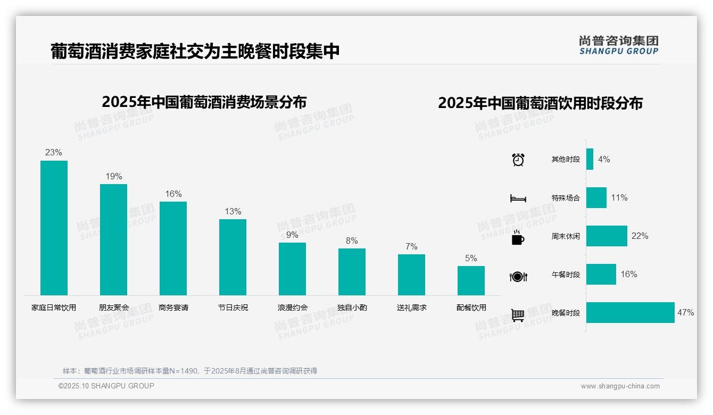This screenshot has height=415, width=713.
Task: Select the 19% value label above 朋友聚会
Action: (113, 176)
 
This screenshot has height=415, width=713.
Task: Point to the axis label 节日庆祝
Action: (233, 308)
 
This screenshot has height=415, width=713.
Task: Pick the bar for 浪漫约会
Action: (292, 269)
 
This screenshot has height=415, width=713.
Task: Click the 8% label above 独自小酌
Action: (352, 240)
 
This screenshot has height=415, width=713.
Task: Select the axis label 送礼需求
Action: (411, 308)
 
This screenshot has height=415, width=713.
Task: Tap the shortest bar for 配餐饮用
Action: (471, 280)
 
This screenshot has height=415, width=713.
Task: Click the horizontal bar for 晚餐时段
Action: (630, 312)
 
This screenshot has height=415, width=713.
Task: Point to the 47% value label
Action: (685, 312)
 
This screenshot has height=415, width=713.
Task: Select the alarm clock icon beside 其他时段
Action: (518, 159)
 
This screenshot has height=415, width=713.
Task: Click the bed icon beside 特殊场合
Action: (518, 198)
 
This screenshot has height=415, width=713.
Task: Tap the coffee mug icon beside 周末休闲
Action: (518, 237)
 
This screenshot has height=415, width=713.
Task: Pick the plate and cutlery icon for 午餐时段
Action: (518, 276)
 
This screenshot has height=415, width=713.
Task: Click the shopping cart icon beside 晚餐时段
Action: (518, 315)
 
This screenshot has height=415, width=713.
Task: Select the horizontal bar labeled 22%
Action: (607, 236)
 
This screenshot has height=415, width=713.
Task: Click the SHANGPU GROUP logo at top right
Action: (618, 45)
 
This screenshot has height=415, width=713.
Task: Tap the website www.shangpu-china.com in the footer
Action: (620, 386)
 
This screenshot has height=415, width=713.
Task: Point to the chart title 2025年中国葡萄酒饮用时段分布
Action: (540, 103)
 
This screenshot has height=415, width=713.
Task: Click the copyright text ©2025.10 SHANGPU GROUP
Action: (106, 386)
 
